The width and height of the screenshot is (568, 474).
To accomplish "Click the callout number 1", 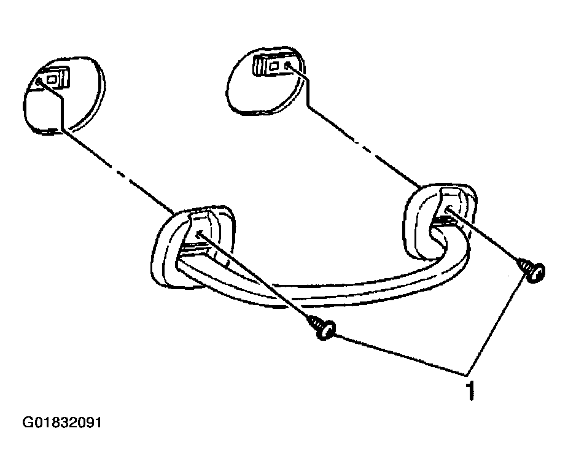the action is tap(470, 390).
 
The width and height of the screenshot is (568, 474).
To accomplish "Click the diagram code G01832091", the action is tap(61, 422).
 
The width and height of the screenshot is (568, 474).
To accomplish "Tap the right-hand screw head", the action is tap(537, 273).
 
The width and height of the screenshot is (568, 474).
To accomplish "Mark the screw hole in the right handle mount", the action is tap(448, 209).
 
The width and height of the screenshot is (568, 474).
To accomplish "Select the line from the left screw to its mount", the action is tap(255, 277).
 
